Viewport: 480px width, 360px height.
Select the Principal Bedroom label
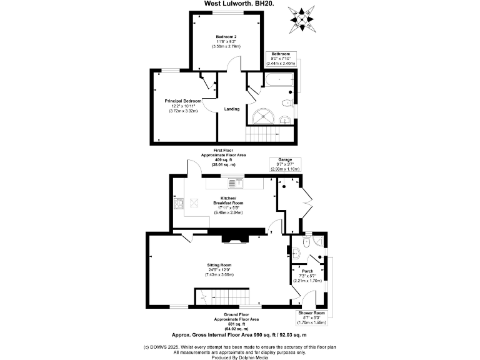183,101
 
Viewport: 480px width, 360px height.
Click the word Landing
232,109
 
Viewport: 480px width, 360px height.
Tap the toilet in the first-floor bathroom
287,104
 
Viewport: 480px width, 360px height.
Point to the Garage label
285,160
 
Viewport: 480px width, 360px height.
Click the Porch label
307,271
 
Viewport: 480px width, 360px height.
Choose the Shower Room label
311,312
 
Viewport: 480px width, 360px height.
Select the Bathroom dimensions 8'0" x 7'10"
280,59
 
